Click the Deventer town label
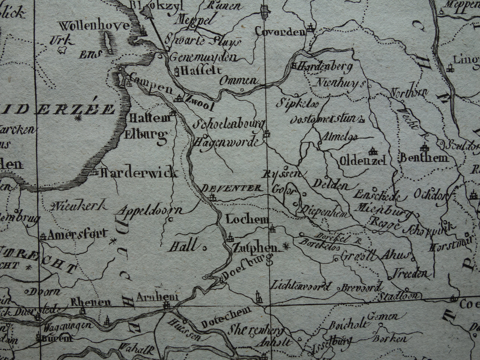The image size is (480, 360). pyautogui.click(x=232, y=188)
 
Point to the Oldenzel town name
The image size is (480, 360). pyautogui.click(x=363, y=161)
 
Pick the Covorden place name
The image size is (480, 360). pyautogui.click(x=280, y=32)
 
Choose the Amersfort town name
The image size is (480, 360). pyautogui.click(x=78, y=234)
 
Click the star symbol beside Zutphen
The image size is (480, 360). pyautogui.click(x=285, y=246)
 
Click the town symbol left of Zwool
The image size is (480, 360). pyautogui.click(x=179, y=98)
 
